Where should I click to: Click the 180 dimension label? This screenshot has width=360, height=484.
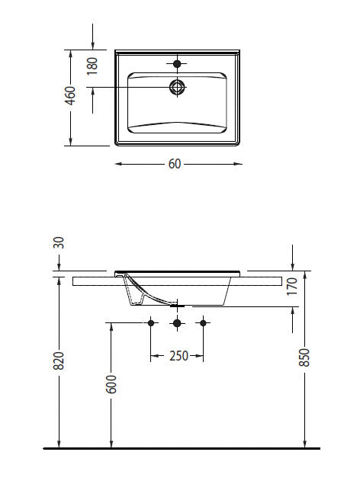click(x=92, y=65)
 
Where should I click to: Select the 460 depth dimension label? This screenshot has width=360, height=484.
click(x=70, y=96)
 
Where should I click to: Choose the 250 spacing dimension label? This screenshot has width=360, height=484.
click(x=177, y=356)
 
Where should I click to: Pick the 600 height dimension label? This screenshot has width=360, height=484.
click(x=111, y=384)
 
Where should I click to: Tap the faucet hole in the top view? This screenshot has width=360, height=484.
click(x=178, y=63)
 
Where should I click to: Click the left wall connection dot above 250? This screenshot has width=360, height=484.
click(x=151, y=324)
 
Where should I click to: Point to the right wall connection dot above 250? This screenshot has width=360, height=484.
click(x=203, y=324)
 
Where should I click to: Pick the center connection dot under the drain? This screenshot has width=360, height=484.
click(x=177, y=324)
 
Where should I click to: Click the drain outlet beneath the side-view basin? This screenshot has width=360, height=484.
click(x=177, y=305)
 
